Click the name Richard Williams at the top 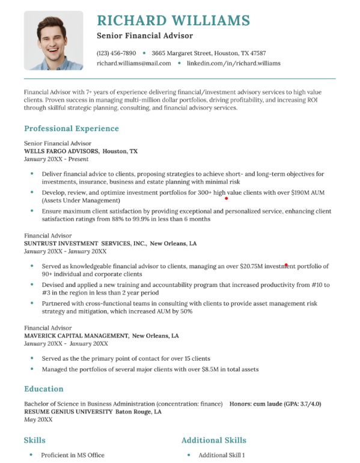point(172,20)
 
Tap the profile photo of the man point(53,40)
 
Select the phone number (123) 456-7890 point(116,53)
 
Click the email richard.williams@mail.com point(133,63)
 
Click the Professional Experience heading point(72,128)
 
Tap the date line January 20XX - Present point(56,159)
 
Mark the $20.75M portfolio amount point(252,266)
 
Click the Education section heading point(44,388)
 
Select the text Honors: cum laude point(256,403)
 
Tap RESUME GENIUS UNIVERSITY point(68,412)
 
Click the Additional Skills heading point(213,440)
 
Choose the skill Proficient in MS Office point(73,455)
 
